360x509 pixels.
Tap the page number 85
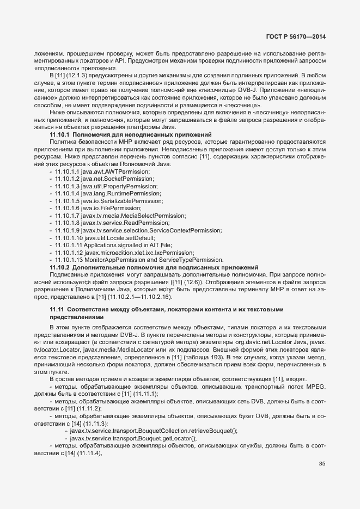322,464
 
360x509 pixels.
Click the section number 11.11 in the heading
57,309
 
